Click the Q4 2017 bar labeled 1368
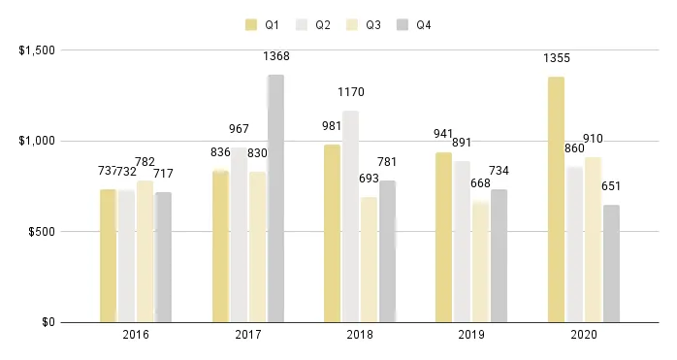point(275,198)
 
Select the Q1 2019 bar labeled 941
point(443,237)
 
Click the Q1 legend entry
point(259,24)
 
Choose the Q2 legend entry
point(315,24)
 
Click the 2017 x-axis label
point(248,336)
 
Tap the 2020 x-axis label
point(584,336)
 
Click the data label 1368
point(276,57)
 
